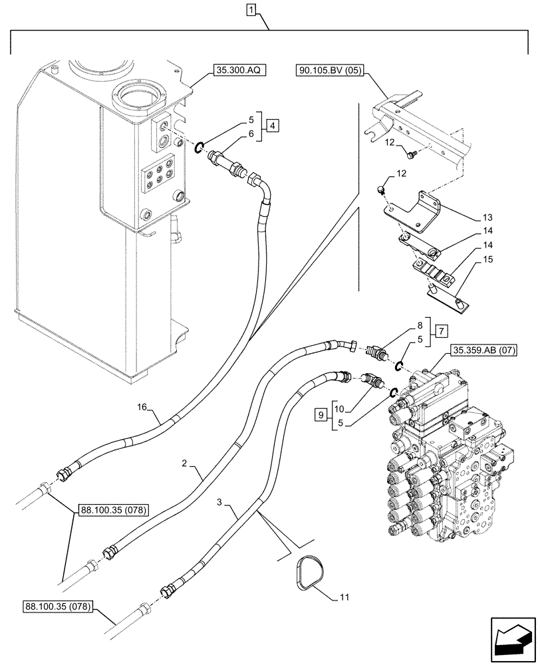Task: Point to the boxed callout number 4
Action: click(x=273, y=126)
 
